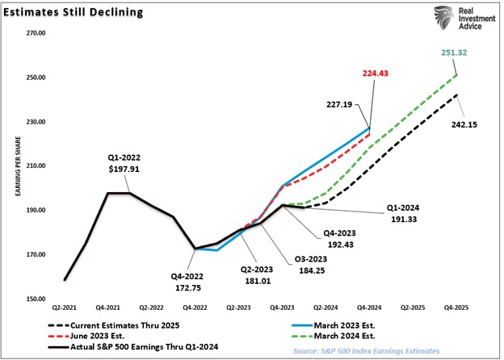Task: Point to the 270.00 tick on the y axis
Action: pyautogui.click(x=36, y=34)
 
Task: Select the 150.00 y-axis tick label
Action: pyautogui.click(x=36, y=299)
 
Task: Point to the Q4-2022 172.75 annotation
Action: pyautogui.click(x=191, y=280)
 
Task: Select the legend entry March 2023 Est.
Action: pyautogui.click(x=350, y=324)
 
